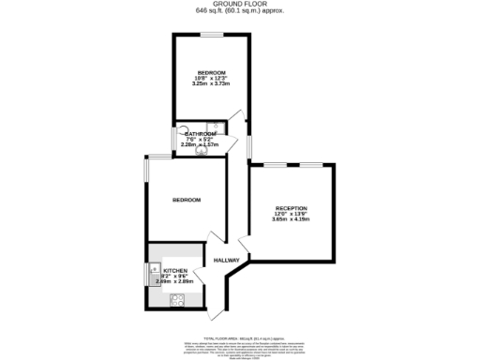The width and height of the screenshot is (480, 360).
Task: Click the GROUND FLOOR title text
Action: click(x=240, y=4)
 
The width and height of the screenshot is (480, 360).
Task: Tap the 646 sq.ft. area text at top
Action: click(x=240, y=11)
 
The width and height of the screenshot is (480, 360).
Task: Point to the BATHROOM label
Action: click(x=199, y=134)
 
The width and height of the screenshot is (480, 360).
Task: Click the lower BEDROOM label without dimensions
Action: click(x=187, y=200)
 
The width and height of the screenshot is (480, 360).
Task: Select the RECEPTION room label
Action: click(x=291, y=207)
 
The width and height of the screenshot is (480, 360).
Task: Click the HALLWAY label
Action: click(x=227, y=260)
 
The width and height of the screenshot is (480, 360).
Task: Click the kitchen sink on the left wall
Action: click(x=154, y=275)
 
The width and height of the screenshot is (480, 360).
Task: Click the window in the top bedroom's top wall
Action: click(x=210, y=35)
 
